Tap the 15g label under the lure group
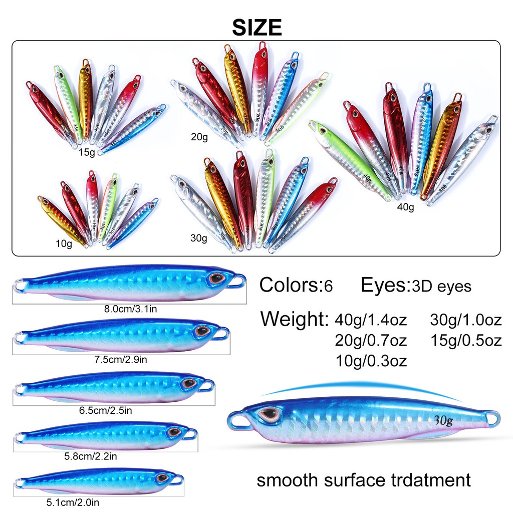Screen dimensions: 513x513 [x=87, y=152]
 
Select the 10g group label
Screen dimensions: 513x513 [x=64, y=244]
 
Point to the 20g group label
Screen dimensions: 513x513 [x=199, y=136]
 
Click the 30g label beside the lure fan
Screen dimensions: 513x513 [x=198, y=238]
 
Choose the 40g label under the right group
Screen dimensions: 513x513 [x=407, y=206]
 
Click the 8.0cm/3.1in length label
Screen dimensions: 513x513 [x=131, y=309]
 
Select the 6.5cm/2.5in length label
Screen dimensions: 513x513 [x=105, y=410]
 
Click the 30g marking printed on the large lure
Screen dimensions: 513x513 [x=444, y=420]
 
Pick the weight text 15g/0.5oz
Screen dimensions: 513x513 [x=466, y=340]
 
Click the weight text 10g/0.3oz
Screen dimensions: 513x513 [x=371, y=361]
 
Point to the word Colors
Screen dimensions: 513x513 [x=287, y=286]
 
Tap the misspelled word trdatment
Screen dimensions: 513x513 [x=428, y=480]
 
